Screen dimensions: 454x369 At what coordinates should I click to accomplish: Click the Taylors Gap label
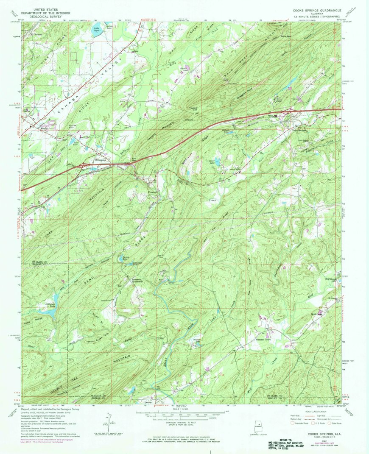click(194, 108)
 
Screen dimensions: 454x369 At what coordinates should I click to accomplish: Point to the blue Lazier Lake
click(216, 161)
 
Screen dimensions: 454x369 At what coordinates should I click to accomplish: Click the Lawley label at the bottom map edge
click(148, 402)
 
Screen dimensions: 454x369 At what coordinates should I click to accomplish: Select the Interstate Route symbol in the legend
click(292, 422)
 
